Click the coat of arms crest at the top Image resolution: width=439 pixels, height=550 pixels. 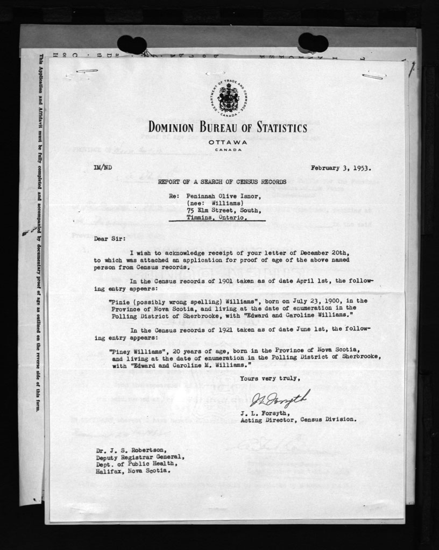228,98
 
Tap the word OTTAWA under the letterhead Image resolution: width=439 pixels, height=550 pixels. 228,142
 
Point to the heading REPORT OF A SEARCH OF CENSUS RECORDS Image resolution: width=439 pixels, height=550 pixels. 222,182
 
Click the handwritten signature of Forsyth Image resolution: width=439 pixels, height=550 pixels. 280,399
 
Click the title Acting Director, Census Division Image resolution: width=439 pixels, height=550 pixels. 298,419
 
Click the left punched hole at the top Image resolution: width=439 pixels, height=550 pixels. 132,44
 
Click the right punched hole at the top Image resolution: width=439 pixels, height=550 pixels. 313,42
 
